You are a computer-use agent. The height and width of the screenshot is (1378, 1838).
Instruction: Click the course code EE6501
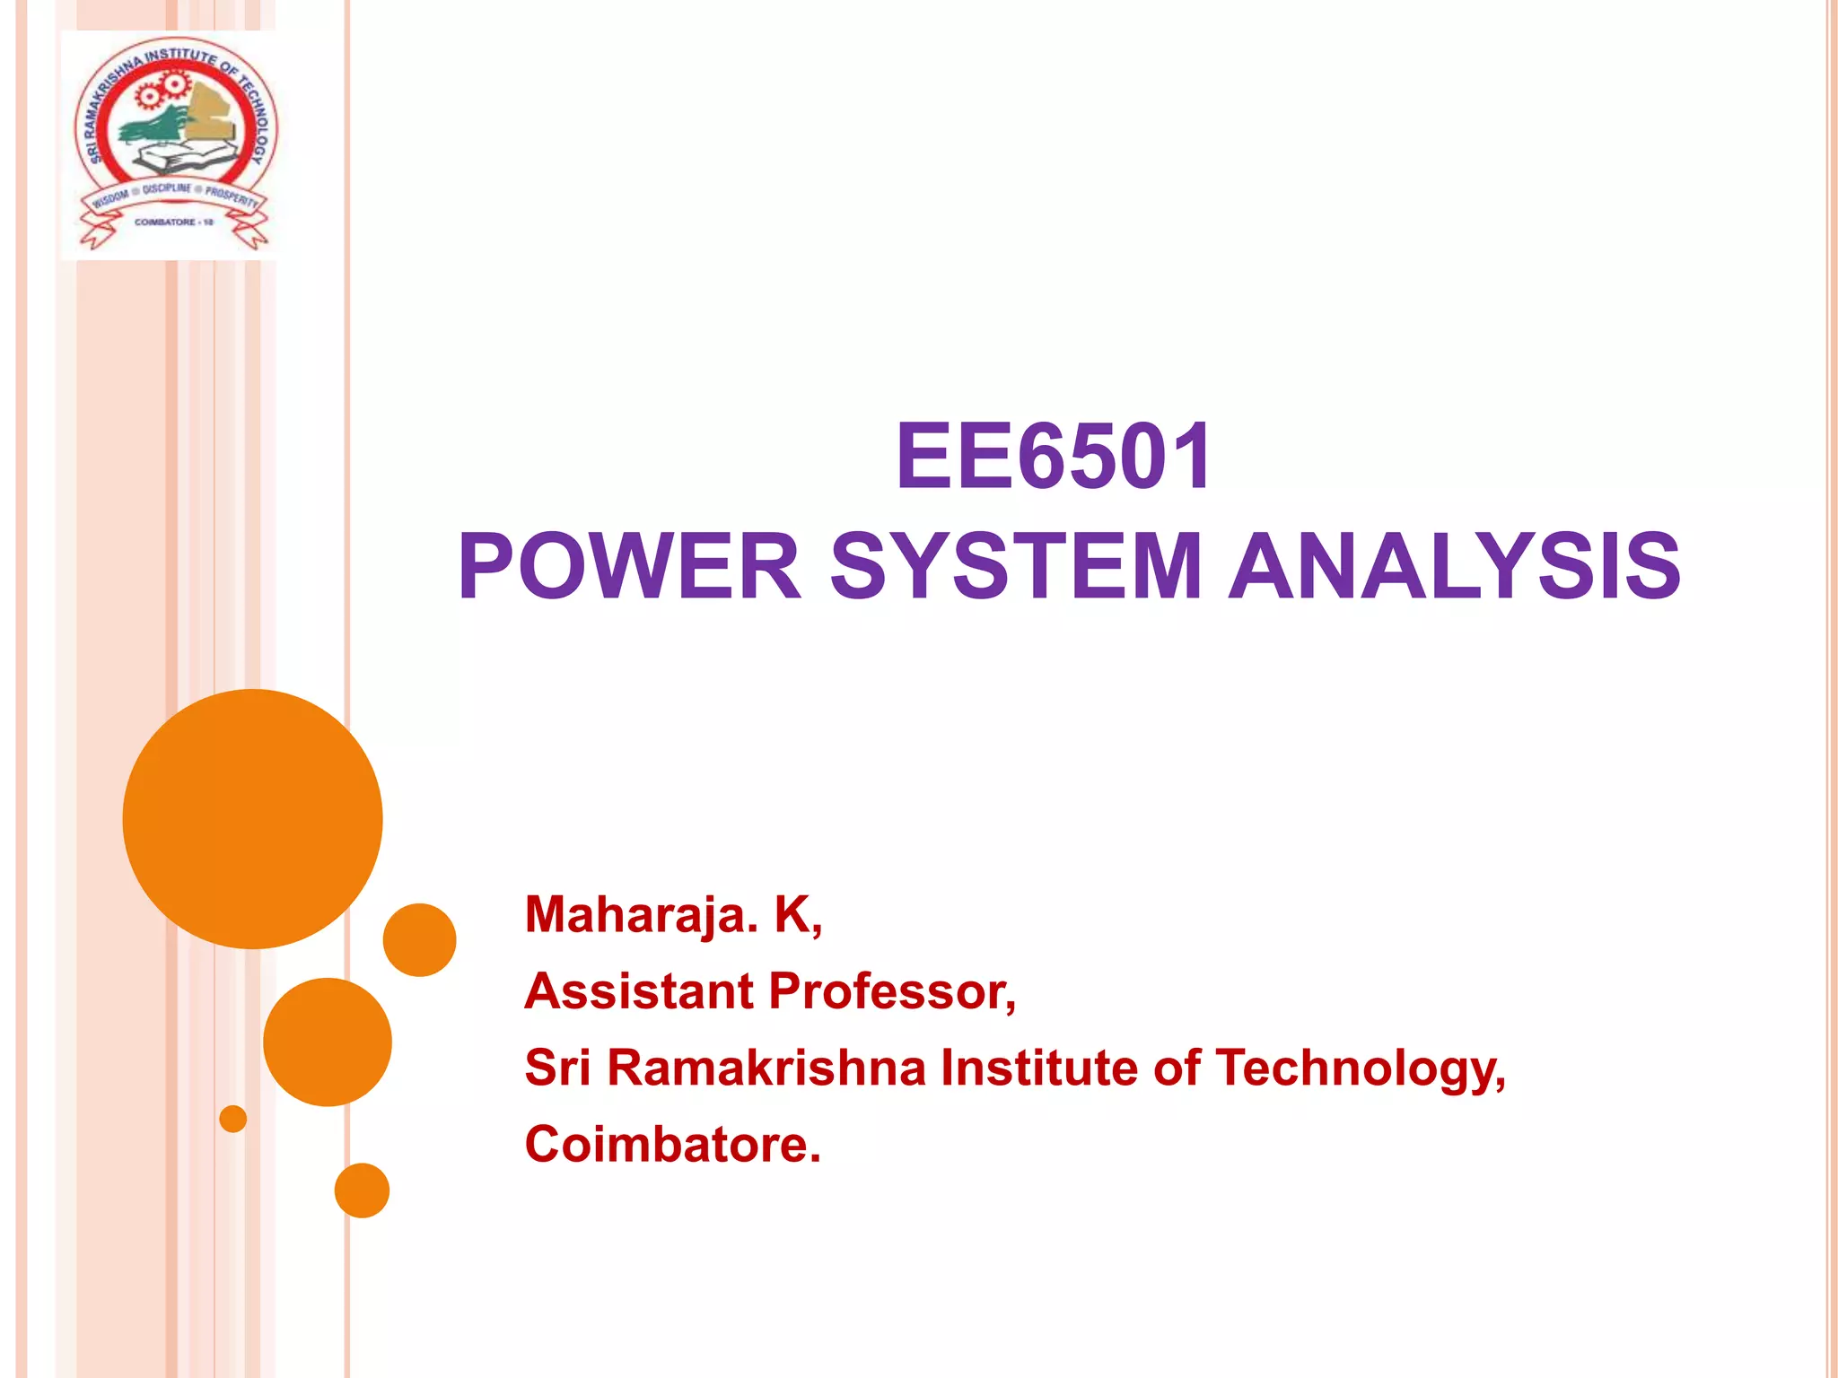click(x=1054, y=458)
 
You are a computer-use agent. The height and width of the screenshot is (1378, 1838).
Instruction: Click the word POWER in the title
click(x=628, y=567)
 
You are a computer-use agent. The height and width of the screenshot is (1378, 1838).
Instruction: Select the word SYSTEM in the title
click(x=1015, y=567)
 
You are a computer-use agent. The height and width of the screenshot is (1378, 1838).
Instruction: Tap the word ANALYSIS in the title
click(x=1454, y=567)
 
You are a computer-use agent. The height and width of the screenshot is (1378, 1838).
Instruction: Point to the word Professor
click(x=891, y=991)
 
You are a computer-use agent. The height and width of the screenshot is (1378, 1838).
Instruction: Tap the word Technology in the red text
click(x=1359, y=1069)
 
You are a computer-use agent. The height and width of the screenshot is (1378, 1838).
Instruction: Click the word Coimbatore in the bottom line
click(x=671, y=1145)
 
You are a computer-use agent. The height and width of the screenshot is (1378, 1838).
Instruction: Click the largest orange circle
click(x=252, y=818)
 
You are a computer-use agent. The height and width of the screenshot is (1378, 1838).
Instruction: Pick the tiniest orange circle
click(x=232, y=1119)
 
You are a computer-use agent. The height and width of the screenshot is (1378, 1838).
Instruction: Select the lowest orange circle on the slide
click(x=362, y=1190)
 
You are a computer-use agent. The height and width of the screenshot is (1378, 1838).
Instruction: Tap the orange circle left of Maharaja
click(x=419, y=939)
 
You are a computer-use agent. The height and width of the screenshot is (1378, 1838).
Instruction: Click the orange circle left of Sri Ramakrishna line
click(x=327, y=1042)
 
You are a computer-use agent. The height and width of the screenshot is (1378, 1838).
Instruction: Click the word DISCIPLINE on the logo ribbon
click(x=167, y=189)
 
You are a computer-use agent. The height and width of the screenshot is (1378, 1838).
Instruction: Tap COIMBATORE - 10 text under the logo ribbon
click(x=173, y=222)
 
